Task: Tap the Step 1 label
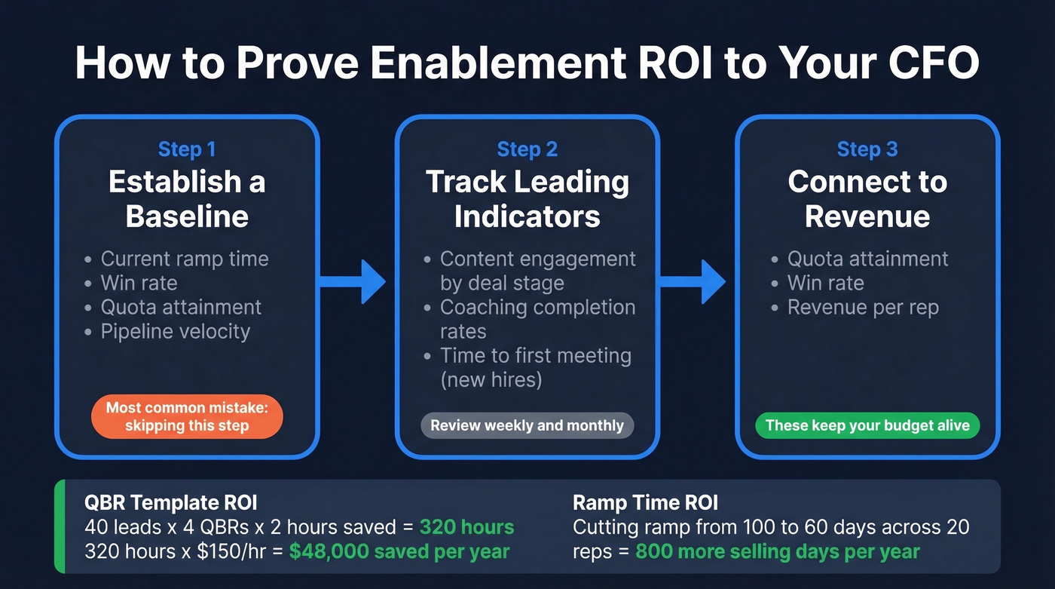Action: pyautogui.click(x=187, y=149)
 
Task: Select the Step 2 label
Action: pyautogui.click(x=527, y=149)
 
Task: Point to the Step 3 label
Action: pyautogui.click(x=867, y=149)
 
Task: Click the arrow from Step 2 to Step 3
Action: pyautogui.click(x=693, y=282)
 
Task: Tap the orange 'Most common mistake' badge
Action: pyautogui.click(x=187, y=416)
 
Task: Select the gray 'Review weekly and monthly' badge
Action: pyautogui.click(x=527, y=425)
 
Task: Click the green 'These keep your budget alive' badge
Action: pyautogui.click(x=867, y=425)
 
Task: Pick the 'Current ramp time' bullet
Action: pyautogui.click(x=184, y=259)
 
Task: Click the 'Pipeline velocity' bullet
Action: pyautogui.click(x=175, y=331)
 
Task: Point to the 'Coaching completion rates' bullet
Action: pyautogui.click(x=537, y=319)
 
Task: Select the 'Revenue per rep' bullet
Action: pyautogui.click(x=863, y=307)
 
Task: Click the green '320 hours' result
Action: pyautogui.click(x=466, y=527)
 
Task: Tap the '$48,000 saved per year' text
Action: pyautogui.click(x=399, y=551)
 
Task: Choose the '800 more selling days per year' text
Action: pyautogui.click(x=777, y=551)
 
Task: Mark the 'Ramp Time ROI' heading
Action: pyautogui.click(x=645, y=503)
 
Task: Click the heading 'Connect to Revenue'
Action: pyautogui.click(x=867, y=198)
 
